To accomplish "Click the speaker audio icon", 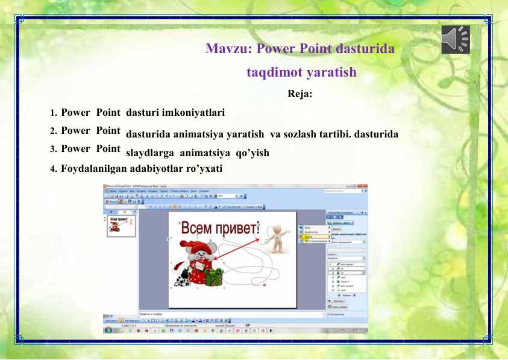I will (455, 40).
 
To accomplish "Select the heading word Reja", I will (299, 94).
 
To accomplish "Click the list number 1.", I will (54, 113).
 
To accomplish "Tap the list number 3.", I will (54, 149).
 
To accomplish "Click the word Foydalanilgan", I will (91, 168).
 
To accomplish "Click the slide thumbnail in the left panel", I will (121, 227).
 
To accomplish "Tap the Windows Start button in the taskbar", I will (108, 330).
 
